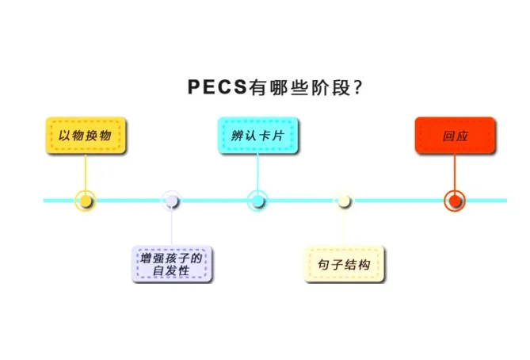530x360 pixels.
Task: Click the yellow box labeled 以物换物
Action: pyautogui.click(x=85, y=136)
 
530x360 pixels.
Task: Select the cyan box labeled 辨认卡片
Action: pyautogui.click(x=257, y=136)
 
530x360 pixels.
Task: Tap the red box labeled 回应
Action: pyautogui.click(x=455, y=136)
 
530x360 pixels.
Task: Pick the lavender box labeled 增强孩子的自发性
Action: pyautogui.click(x=171, y=264)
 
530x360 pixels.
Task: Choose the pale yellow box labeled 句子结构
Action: pyautogui.click(x=344, y=264)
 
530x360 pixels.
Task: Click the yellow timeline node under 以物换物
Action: pyautogui.click(x=86, y=201)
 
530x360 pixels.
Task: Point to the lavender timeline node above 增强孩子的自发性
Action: pyautogui.click(x=172, y=201)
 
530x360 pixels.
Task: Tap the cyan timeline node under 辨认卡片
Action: pyautogui.click(x=257, y=201)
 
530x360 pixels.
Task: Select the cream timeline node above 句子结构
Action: pyautogui.click(x=344, y=201)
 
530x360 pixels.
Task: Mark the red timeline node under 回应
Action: pyautogui.click(x=455, y=201)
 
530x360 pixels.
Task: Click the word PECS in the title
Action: pyautogui.click(x=216, y=87)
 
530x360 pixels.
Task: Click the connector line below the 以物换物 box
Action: pyautogui.click(x=86, y=170)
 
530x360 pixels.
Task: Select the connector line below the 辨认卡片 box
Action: pyautogui.click(x=257, y=170)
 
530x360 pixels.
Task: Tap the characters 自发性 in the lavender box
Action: pyautogui.click(x=171, y=272)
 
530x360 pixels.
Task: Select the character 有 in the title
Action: pyautogui.click(x=257, y=87)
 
